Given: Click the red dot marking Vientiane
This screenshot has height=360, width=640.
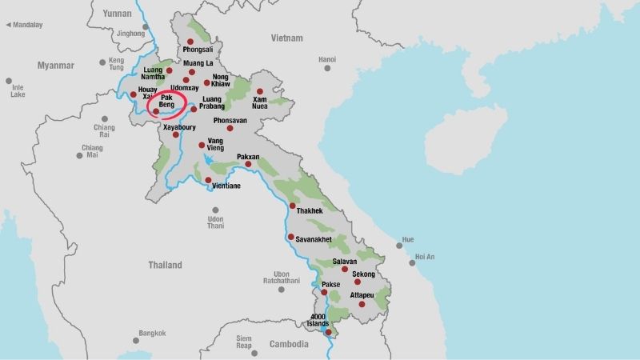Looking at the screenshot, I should [208, 180].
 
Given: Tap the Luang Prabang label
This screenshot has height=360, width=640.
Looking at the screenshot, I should [211, 104].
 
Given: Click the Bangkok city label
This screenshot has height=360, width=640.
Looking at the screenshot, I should [152, 333].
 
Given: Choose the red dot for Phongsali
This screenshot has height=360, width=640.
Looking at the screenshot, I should [190, 42].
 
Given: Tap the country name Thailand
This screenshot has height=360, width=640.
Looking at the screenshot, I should [165, 265].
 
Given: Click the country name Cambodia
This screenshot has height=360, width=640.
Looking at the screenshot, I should [289, 344].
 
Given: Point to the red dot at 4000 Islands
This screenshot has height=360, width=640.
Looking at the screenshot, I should [328, 332].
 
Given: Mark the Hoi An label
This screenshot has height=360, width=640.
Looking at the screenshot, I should [424, 257].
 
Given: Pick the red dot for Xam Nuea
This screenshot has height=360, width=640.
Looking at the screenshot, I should [259, 91].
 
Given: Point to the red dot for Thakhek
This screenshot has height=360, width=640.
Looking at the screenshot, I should [292, 206].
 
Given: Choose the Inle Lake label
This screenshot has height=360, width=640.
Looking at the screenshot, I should [18, 90].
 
